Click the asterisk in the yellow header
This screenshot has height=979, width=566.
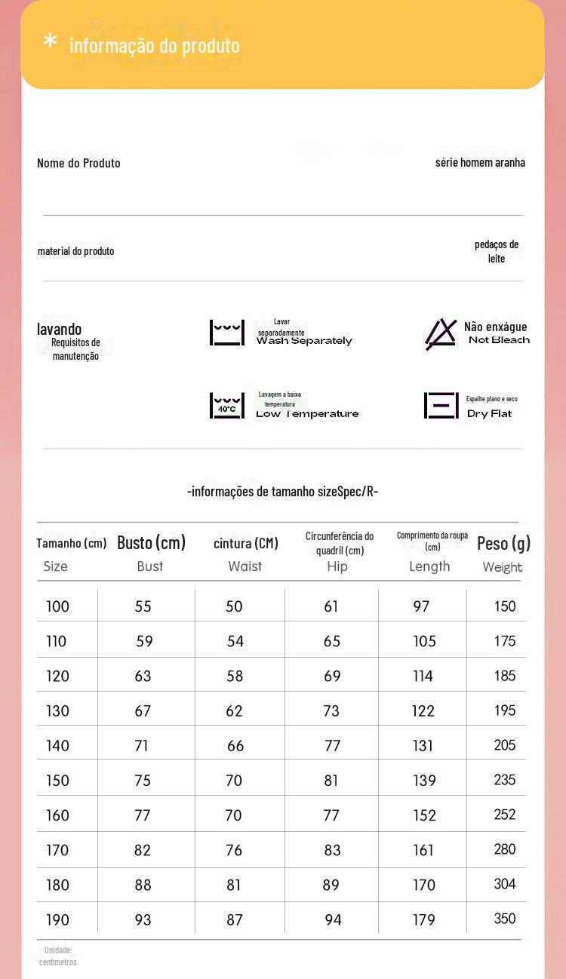50,41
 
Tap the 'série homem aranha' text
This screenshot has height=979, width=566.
480,162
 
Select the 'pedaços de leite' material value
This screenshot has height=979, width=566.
497,251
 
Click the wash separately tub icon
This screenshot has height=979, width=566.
227,333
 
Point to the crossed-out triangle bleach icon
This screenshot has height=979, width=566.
441,334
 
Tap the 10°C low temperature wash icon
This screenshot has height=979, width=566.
227,406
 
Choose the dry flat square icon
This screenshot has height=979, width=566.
441,406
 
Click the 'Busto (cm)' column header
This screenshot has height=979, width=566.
151,543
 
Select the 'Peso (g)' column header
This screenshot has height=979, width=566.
503,543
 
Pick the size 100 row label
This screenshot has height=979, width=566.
57,606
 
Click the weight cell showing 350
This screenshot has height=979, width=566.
505,919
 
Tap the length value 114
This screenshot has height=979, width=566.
423,676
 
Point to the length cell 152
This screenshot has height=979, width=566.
424,815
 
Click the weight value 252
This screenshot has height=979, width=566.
505,815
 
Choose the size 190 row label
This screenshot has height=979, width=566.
57,919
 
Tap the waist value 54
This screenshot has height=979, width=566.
235,641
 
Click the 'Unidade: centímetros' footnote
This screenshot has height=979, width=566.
57,956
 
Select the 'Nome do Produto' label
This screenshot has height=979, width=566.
78,163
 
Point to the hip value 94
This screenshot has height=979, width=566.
333,919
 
